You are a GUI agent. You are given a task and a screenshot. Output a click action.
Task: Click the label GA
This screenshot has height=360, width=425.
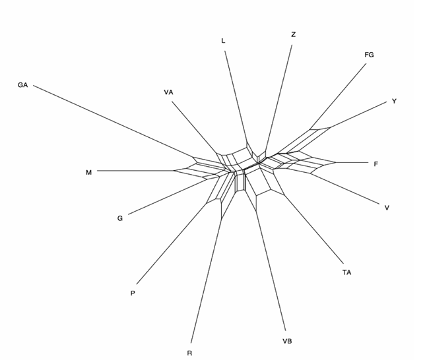point(22,85)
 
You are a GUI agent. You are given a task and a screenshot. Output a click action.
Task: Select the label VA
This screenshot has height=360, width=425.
point(168,92)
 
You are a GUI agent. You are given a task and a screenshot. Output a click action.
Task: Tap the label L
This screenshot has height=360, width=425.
point(223,41)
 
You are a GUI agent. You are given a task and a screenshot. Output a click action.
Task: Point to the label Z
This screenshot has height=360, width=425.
point(293,35)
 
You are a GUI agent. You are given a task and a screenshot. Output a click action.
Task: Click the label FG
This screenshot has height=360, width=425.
point(369,55)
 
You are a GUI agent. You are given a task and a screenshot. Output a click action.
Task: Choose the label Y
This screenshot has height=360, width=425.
point(394,102)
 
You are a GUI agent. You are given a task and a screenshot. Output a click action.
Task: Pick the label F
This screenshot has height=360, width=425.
point(376,164)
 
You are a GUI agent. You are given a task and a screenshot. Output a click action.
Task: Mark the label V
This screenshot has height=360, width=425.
point(387,208)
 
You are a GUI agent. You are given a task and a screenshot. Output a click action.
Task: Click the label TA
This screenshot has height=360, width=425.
point(346,272)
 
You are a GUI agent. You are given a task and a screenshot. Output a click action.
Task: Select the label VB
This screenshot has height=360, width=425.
point(287,342)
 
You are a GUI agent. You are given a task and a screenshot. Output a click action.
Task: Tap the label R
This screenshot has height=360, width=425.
point(189,353)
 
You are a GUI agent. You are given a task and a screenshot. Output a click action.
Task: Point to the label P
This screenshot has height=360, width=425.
point(133,293)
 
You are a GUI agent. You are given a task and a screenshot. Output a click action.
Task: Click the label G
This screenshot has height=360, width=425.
point(120,218)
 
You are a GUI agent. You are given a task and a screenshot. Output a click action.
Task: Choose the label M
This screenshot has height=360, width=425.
point(88,173)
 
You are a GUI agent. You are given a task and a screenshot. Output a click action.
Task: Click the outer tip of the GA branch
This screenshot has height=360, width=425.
point(34,85)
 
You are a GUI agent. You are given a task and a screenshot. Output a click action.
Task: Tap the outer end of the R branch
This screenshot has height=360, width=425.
point(191,343)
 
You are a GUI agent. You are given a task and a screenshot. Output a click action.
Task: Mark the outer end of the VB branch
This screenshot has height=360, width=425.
point(285,331)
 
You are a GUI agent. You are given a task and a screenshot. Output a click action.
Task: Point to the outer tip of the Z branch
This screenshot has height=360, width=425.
point(292,45)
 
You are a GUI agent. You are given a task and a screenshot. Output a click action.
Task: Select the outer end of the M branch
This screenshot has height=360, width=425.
point(97,171)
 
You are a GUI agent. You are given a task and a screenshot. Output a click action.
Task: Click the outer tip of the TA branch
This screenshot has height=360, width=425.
point(343,263)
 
